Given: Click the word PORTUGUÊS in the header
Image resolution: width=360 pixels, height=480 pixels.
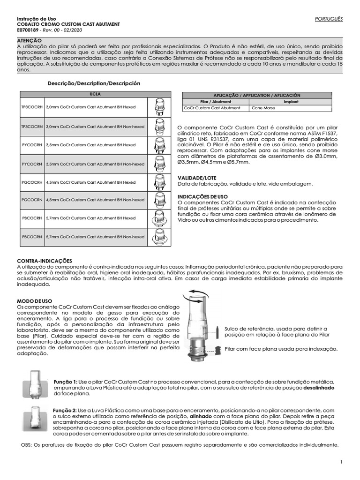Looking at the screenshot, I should [330, 19].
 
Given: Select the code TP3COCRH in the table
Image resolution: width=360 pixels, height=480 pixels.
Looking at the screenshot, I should [32, 107].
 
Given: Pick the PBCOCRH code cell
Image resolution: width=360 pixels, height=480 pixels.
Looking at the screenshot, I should [32, 218].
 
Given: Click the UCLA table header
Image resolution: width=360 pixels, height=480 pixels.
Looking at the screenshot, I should [95, 94].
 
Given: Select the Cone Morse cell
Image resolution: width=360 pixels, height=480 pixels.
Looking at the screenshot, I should [263, 108].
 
